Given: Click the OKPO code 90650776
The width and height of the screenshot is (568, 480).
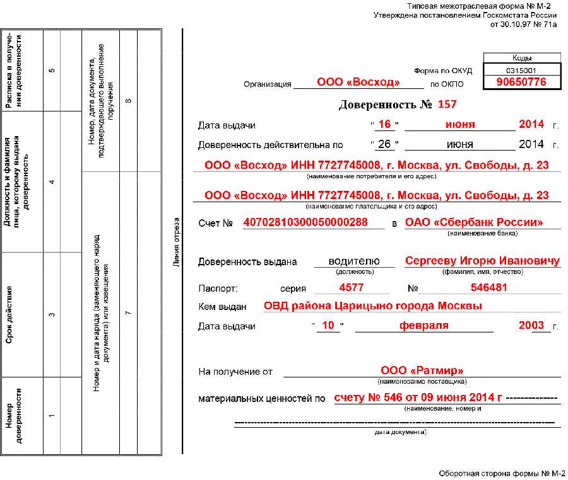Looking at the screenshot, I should click(521, 83).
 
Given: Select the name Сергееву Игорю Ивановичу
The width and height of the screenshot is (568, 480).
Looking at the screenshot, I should click(482, 261).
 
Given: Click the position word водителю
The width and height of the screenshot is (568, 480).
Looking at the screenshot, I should click(355, 261).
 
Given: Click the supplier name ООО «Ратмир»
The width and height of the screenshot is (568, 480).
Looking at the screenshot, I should click(422, 371).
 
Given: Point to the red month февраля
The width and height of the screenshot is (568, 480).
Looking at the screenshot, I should click(423, 326).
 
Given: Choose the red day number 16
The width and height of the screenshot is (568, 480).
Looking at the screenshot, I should click(384, 124).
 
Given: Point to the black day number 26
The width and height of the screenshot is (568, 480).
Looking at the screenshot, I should click(384, 144).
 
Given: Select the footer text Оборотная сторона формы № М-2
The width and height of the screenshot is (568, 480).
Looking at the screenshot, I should click(502, 473).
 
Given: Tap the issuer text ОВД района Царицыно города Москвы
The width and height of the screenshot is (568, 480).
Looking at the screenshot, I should click(373, 306).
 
